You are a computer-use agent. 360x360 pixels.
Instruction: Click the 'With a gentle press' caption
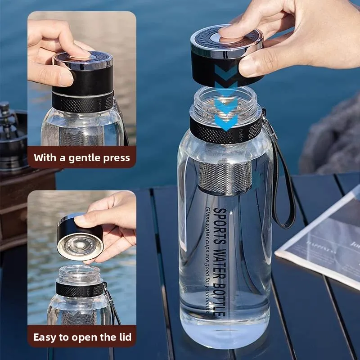tap(81, 158)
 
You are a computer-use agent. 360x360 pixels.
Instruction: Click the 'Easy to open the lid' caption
tap(82, 337)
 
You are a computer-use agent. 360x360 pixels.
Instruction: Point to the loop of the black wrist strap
tap(283, 189)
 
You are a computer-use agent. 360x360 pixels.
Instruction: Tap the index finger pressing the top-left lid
tap(72, 49)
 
